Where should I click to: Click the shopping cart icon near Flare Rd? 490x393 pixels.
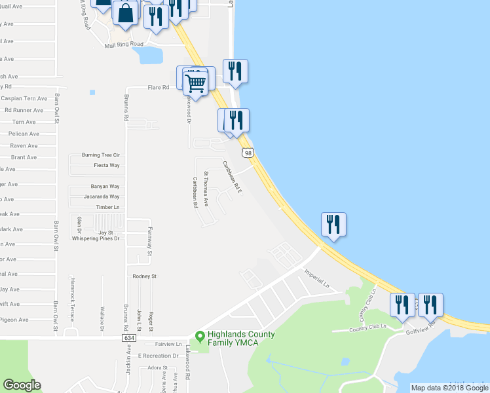pyautogui.click(x=195, y=83)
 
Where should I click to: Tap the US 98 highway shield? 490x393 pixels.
pyautogui.click(x=247, y=153)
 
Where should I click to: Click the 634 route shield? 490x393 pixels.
pyautogui.click(x=128, y=338)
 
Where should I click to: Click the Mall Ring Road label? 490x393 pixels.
pyautogui.click(x=124, y=45)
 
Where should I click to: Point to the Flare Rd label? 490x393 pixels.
pyautogui.click(x=158, y=86)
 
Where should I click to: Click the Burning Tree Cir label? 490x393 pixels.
pyautogui.click(x=101, y=155)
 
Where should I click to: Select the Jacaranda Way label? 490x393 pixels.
pyautogui.click(x=102, y=196)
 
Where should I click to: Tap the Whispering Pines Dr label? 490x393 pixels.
pyautogui.click(x=96, y=239)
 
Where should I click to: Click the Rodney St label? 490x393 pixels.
pyautogui.click(x=145, y=276)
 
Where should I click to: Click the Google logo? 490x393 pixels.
pyautogui.click(x=22, y=384)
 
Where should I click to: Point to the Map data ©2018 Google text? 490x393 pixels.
pyautogui.click(x=449, y=388)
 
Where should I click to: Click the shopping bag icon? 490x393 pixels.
pyautogui.click(x=125, y=12)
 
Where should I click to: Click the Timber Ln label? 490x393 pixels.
pyautogui.click(x=108, y=207)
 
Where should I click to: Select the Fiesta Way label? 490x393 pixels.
pyautogui.click(x=106, y=166)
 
